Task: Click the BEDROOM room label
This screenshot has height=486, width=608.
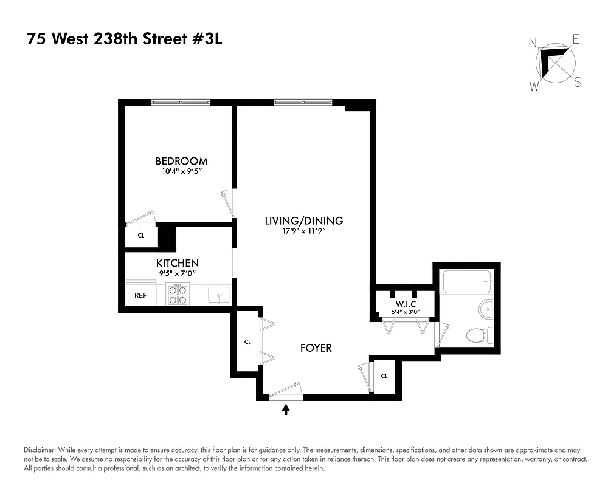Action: point(181,161)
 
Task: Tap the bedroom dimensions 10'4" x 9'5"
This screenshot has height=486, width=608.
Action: point(181,172)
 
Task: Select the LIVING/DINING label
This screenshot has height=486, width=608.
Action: point(303,221)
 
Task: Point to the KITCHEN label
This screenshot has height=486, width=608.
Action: point(178,263)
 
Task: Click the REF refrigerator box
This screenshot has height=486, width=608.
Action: point(140,295)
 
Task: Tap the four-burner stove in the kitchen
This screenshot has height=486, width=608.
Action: point(177,295)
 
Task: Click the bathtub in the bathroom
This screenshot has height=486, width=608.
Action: point(467,281)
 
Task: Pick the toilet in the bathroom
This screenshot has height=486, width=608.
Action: point(479,334)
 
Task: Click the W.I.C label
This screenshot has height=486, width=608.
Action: point(404,304)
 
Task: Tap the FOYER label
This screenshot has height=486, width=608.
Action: point(316,348)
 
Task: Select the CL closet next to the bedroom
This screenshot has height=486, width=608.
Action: point(141,236)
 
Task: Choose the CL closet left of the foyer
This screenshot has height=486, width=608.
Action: point(247,342)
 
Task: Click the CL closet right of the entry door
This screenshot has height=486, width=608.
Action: point(384,376)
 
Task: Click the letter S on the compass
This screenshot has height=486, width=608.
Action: point(578,83)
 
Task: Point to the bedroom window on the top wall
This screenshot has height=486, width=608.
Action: point(181,102)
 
